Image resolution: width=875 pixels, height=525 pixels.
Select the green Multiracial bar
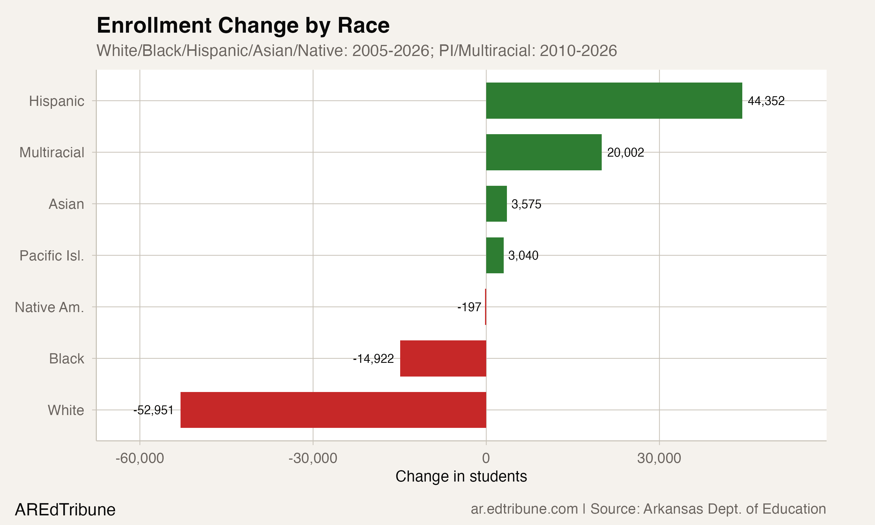coord(544,152)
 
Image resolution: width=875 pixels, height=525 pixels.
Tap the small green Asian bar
coord(496,204)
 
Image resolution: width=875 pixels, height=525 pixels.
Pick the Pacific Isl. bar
coord(494,255)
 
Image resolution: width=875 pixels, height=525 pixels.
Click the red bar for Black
coord(443,358)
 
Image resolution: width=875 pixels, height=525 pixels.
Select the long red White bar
coord(333,410)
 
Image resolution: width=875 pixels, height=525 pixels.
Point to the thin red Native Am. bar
coord(486,307)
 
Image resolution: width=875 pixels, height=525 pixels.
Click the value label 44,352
coord(766,101)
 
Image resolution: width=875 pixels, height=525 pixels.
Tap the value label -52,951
coord(153,410)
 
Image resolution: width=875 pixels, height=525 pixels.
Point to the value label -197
coord(469,307)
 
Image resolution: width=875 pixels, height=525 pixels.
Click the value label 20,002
coord(625,153)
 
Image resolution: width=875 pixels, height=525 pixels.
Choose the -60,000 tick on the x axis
coord(140,458)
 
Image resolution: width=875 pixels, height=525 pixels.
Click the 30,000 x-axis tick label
coord(659,458)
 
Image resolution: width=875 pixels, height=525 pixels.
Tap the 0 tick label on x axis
coord(486,458)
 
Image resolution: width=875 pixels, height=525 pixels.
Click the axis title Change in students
coord(461,476)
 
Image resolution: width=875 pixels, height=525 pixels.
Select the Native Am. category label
coord(50,307)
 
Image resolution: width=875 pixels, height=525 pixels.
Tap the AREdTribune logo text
coord(65,510)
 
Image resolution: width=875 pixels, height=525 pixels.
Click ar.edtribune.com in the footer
coord(524,509)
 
